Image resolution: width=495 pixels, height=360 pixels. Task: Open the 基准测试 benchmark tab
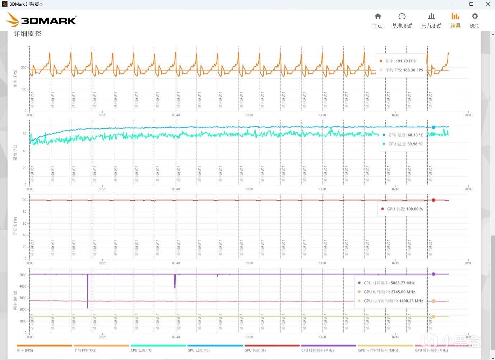click(x=402, y=21)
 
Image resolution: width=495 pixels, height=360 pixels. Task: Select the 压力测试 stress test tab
click(x=431, y=21)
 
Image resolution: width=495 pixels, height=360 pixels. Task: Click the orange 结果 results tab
click(x=455, y=21)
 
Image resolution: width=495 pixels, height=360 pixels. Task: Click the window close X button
click(x=487, y=4)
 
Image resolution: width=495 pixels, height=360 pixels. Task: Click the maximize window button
click(x=471, y=4)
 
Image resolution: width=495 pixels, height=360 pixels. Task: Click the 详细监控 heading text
click(x=28, y=34)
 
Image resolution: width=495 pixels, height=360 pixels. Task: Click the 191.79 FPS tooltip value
click(x=405, y=61)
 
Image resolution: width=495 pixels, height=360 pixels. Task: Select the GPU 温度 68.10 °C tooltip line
click(x=402, y=135)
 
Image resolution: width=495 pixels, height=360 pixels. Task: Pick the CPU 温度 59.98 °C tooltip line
click(x=402, y=144)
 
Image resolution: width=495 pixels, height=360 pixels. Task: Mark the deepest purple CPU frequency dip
click(x=87, y=307)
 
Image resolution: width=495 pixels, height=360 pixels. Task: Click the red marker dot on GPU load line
click(x=433, y=200)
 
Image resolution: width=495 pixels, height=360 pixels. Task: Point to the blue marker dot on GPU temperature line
click(x=433, y=127)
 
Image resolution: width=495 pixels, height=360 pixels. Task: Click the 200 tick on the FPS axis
click(x=24, y=67)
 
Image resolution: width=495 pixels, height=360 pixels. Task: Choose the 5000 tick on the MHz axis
click(x=23, y=275)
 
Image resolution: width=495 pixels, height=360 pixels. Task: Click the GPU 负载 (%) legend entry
click(x=255, y=350)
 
